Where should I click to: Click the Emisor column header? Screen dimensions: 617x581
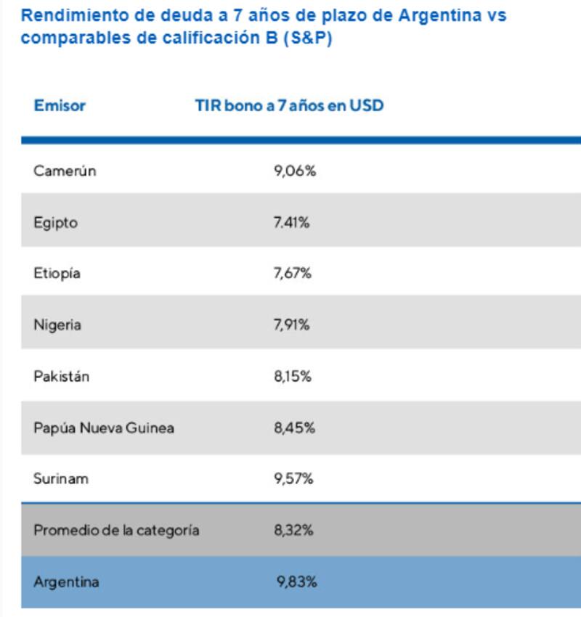(x=60, y=106)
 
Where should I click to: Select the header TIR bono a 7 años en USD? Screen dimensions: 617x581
(x=289, y=106)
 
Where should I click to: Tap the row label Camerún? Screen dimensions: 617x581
(x=65, y=171)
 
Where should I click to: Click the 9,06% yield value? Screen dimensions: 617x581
(x=295, y=171)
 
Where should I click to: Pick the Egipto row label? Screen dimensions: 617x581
(x=55, y=223)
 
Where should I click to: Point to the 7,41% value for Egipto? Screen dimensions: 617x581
(x=292, y=223)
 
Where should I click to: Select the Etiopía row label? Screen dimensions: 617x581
(x=57, y=274)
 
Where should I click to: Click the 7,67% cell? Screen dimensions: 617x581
(x=293, y=274)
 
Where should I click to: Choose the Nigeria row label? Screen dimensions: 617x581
(x=57, y=325)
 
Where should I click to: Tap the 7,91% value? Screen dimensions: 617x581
(x=292, y=325)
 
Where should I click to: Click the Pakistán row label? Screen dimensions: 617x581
(x=61, y=377)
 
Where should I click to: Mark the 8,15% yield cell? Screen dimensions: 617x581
(x=293, y=377)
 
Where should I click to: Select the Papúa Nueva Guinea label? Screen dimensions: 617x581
(x=104, y=428)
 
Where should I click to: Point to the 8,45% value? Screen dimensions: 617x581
(x=294, y=428)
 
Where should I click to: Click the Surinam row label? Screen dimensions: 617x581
(x=60, y=479)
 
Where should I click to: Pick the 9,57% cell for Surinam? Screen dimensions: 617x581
(x=293, y=479)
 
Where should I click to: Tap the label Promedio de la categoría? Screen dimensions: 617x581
(x=116, y=531)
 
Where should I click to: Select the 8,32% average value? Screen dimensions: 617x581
(x=293, y=531)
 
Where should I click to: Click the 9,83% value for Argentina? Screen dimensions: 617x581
(x=296, y=582)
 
